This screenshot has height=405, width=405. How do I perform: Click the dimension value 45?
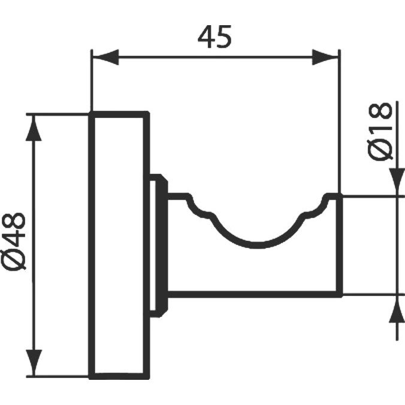click(x=214, y=37)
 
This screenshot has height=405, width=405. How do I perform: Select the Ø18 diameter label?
click(x=380, y=131)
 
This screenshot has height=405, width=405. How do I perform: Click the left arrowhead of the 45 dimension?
click(x=105, y=57)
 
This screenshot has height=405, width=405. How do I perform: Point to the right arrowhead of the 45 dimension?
click(x=325, y=57)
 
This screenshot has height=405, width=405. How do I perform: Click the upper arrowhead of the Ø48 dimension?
click(x=34, y=128)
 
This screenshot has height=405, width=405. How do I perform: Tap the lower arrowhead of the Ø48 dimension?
click(x=34, y=362)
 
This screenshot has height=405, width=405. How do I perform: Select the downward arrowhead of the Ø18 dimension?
click(x=397, y=182)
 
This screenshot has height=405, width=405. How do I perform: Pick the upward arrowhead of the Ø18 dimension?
click(x=397, y=309)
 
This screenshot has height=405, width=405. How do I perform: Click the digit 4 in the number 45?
click(x=206, y=37)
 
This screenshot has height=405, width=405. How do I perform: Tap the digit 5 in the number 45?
click(x=224, y=37)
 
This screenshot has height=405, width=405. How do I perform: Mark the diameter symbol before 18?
click(x=380, y=150)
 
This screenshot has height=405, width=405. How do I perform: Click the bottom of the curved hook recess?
click(x=255, y=246)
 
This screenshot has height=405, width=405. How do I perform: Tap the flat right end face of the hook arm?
click(x=339, y=246)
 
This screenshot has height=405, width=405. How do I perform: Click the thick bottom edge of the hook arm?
click(x=255, y=294)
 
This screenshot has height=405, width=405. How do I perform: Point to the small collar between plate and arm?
click(x=159, y=246)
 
